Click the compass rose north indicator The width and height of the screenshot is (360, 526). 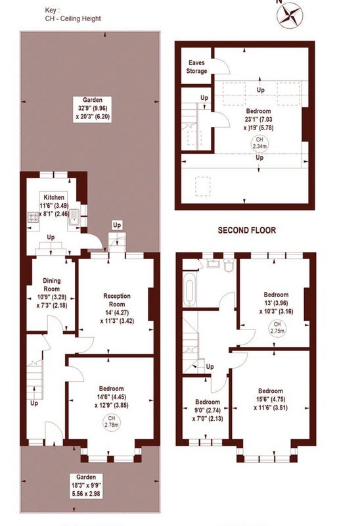click(290, 15)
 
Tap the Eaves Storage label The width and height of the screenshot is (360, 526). click(197, 67)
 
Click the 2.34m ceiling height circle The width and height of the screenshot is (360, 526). click(259, 143)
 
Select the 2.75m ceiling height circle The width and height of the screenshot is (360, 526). click(277, 327)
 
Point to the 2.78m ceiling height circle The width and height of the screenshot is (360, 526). click(112, 421)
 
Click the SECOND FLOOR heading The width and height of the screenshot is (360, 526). click(247, 230)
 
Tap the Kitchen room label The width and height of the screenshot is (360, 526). click(54, 197)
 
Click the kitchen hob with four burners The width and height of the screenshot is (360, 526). click(34, 218)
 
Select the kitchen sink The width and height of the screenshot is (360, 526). click(74, 218)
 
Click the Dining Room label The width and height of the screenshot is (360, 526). click(52, 285)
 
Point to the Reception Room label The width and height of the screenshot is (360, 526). click(117, 300)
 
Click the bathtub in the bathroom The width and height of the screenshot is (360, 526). click(189, 289)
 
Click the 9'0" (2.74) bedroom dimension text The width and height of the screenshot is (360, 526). click(208, 410)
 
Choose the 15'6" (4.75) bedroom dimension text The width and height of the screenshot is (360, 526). click(271, 399)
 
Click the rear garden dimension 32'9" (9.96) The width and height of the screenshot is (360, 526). click(92, 108)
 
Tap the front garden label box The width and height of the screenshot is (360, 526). click(86, 485)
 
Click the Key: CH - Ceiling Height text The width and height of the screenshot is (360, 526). click(73, 14)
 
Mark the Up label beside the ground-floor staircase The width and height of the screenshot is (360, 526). click(34, 403)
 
